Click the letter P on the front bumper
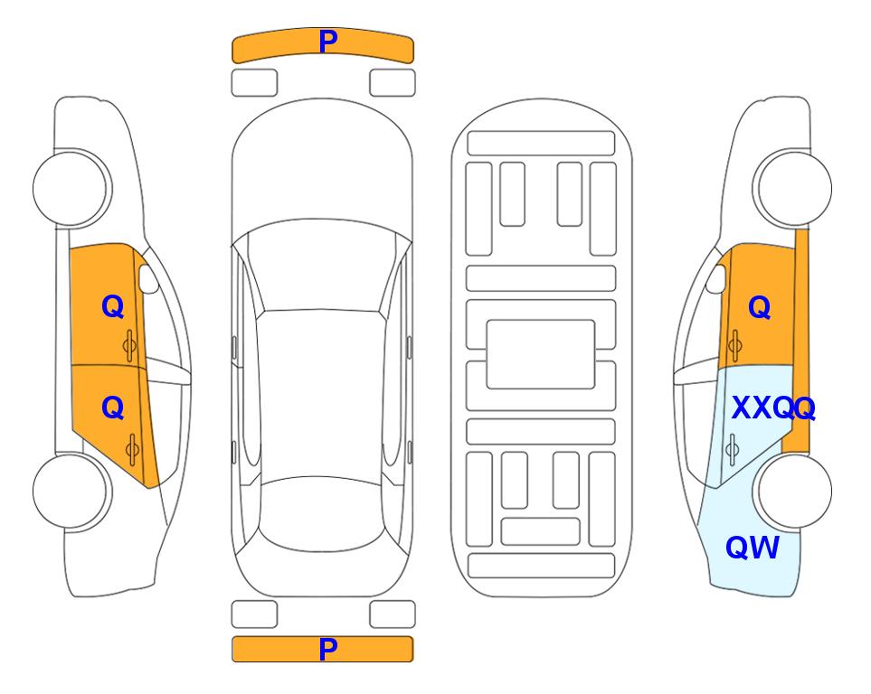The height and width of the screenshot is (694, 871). [327, 42]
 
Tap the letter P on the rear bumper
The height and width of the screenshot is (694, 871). [327, 649]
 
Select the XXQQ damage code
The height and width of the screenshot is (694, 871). [773, 408]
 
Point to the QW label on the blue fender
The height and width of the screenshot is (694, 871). [753, 548]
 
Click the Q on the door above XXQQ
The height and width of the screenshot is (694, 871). [760, 307]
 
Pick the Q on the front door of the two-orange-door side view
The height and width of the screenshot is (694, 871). [113, 306]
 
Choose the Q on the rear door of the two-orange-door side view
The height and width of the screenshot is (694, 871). [113, 408]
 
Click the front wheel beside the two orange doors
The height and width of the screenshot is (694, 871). [71, 189]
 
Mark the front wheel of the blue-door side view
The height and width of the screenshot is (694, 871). [792, 189]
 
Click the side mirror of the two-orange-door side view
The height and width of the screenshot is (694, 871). [147, 278]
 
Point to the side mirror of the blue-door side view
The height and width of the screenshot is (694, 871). [716, 278]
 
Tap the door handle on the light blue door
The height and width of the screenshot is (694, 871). [732, 450]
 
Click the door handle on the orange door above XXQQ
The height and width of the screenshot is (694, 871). [735, 345]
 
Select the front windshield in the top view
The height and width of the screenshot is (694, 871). [321, 267]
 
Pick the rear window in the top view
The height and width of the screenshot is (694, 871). [321, 513]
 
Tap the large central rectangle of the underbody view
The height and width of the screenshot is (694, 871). [541, 354]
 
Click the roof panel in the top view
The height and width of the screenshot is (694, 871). [321, 394]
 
